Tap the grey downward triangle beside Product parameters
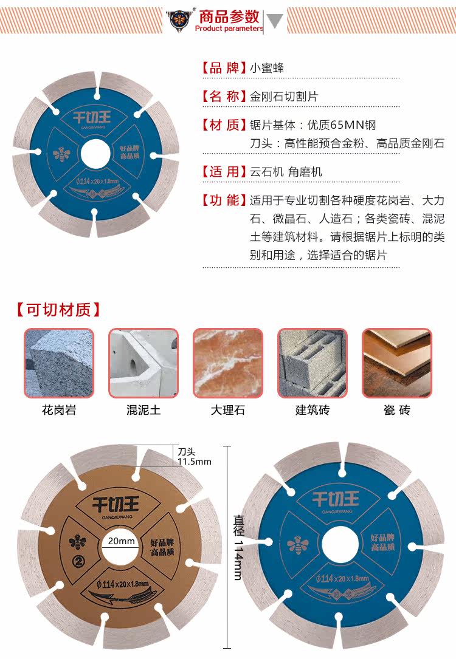(275, 21)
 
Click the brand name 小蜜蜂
(267, 68)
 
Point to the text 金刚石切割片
(284, 97)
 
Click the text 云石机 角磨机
(286, 172)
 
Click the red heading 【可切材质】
(58, 310)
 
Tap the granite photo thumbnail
(59, 363)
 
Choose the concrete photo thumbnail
(143, 363)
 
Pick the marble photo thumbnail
(228, 363)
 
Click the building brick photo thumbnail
(313, 363)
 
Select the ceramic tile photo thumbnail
(396, 363)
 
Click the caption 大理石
(228, 410)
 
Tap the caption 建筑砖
(313, 410)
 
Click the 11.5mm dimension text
(195, 462)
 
